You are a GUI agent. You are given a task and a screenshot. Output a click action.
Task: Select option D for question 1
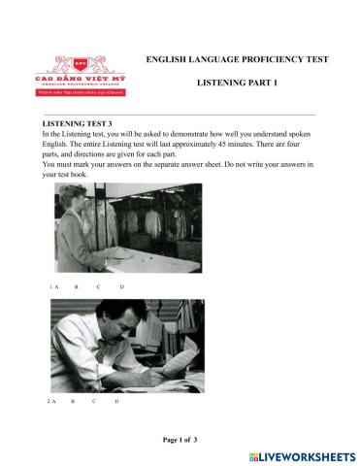tap(121, 288)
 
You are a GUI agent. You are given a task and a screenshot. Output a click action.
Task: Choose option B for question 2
tap(72, 401)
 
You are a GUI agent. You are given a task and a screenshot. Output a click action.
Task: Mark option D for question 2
tap(116, 401)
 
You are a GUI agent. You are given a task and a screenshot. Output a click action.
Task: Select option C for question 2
tap(94, 401)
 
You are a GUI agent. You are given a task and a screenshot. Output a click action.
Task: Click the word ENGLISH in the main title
tap(166, 59)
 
